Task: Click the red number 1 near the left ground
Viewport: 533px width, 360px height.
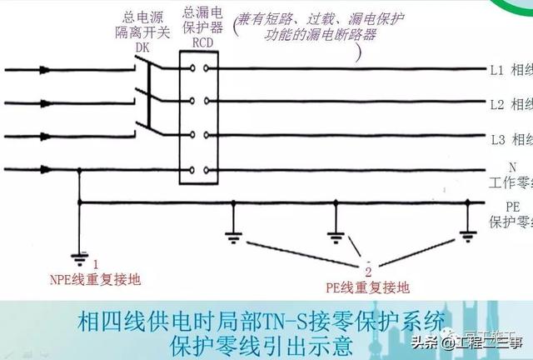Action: point(95,263)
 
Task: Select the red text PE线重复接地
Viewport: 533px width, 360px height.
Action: point(366,287)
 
